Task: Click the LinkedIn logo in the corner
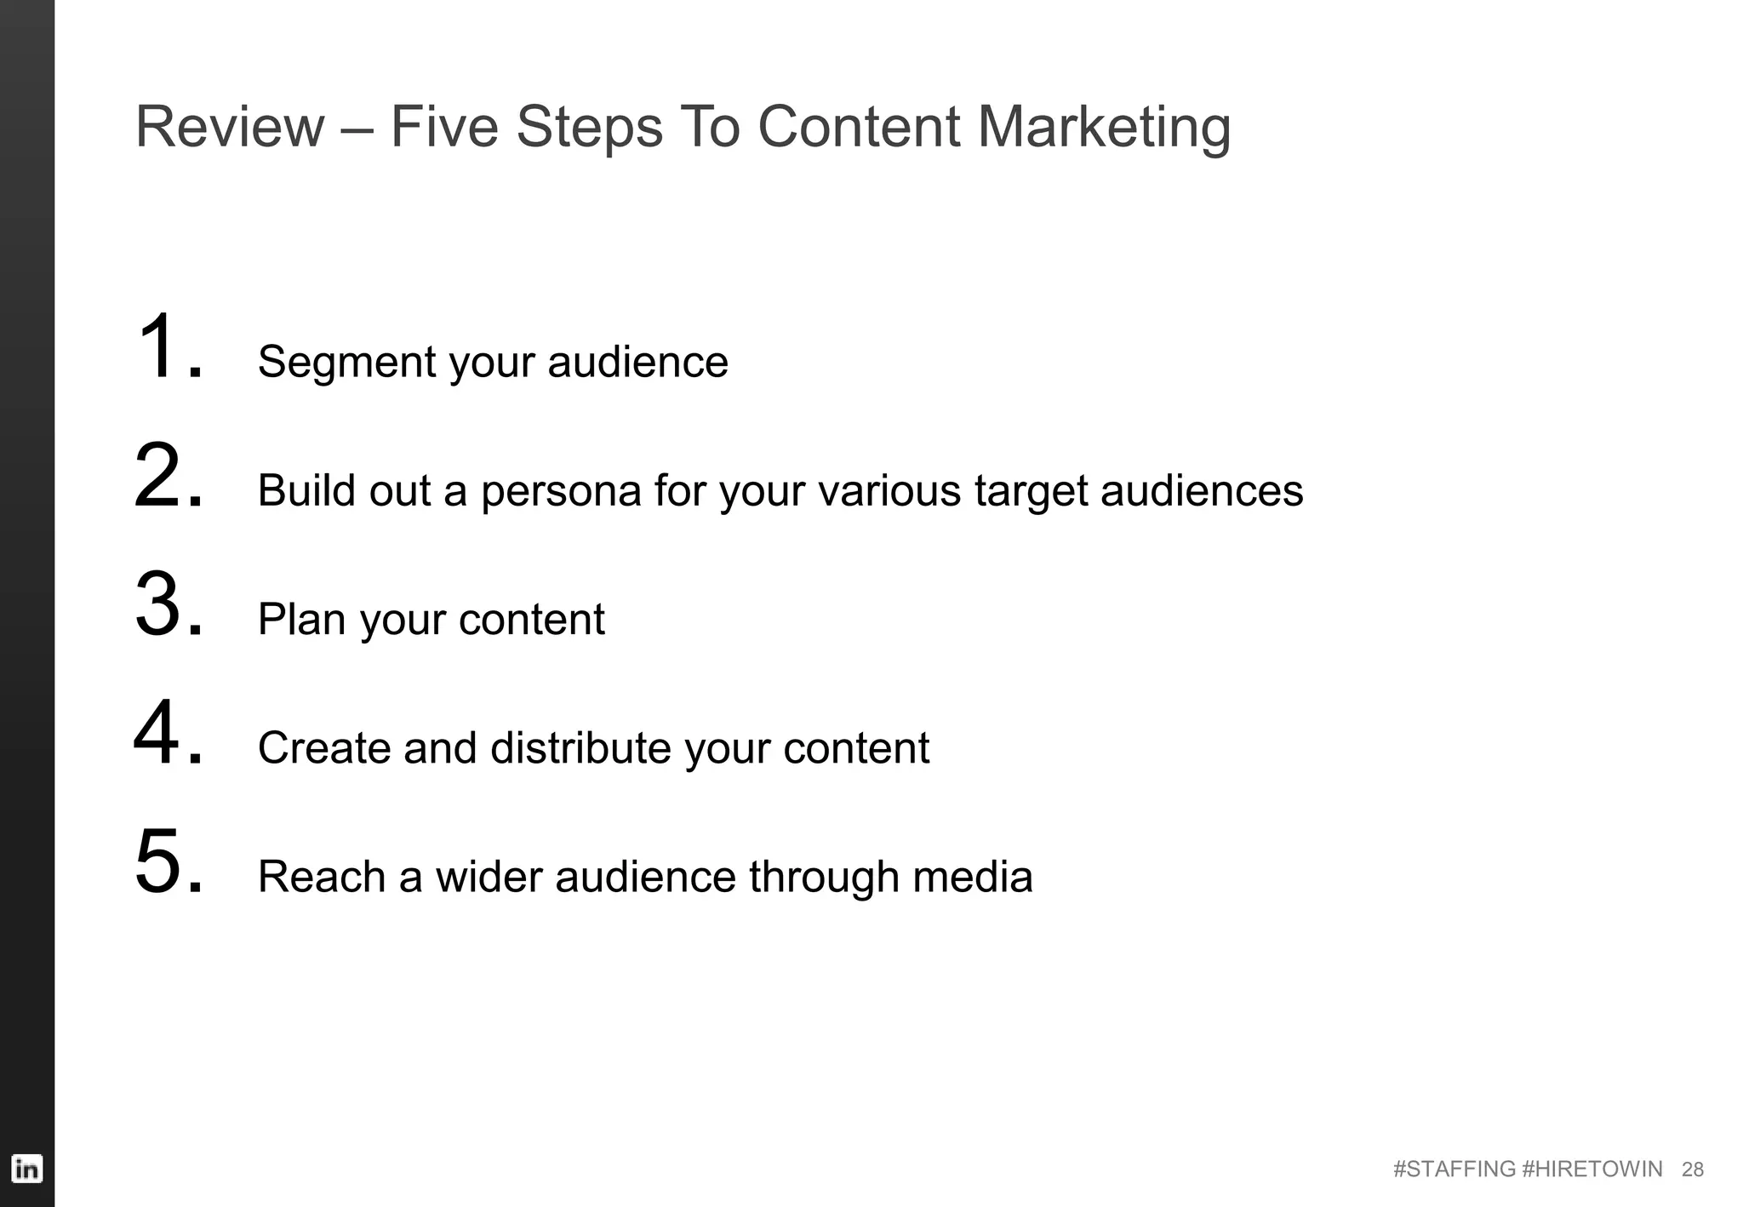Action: tap(26, 1168)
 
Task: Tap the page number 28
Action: tap(1692, 1170)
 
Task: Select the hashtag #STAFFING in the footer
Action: tap(1454, 1170)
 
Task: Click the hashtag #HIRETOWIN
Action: tap(1591, 1170)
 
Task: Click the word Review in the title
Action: tap(230, 127)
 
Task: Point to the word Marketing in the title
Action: tap(1103, 129)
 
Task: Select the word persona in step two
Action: tap(561, 492)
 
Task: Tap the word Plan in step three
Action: tap(301, 620)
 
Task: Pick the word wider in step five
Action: tap(489, 877)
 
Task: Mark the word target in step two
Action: tap(1031, 492)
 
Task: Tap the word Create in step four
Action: tap(323, 748)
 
